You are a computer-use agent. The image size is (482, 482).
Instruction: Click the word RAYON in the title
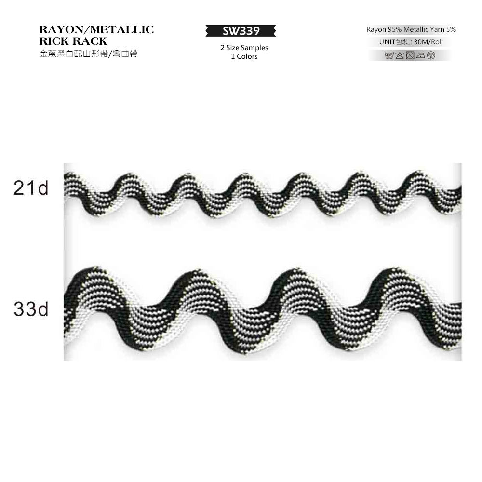click(x=61, y=29)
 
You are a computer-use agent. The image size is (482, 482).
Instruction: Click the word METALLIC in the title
click(x=122, y=29)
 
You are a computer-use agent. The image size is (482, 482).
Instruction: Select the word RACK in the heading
click(x=90, y=41)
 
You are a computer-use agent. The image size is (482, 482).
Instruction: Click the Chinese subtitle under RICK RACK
click(x=89, y=54)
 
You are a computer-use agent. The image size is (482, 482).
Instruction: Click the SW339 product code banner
click(x=241, y=31)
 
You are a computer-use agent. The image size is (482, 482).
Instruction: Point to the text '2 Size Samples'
click(x=244, y=48)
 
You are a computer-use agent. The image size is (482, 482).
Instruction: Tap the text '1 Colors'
click(x=244, y=56)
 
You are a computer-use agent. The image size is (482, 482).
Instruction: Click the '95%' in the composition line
click(x=395, y=29)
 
